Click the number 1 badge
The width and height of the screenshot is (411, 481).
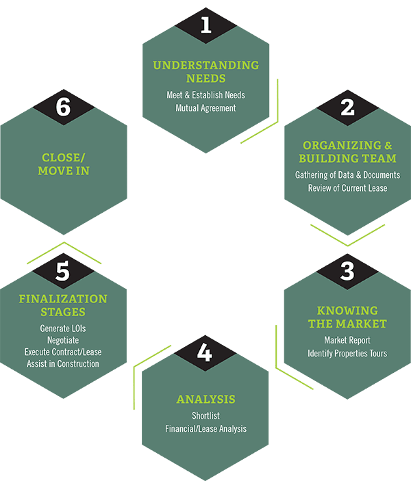[206, 26]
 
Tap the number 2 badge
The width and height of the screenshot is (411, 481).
[347, 107]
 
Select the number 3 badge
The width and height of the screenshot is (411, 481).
[347, 271]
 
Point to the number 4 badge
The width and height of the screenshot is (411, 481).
[206, 354]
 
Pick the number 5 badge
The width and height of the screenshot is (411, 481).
[64, 271]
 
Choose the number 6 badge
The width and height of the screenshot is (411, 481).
[64, 107]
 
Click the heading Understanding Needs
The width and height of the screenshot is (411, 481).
[206, 72]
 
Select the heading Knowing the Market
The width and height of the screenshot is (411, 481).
[347, 317]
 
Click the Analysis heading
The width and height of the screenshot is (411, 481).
[206, 399]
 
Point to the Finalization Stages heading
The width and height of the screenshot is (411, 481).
[64, 305]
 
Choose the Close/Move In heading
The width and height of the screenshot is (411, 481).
[62, 164]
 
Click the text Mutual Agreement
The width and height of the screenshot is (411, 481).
[206, 108]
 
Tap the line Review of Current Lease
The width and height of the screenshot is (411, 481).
[347, 188]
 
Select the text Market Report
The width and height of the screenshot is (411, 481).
[347, 340]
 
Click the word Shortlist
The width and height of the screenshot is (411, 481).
[206, 416]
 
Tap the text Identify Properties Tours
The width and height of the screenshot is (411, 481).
[347, 353]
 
